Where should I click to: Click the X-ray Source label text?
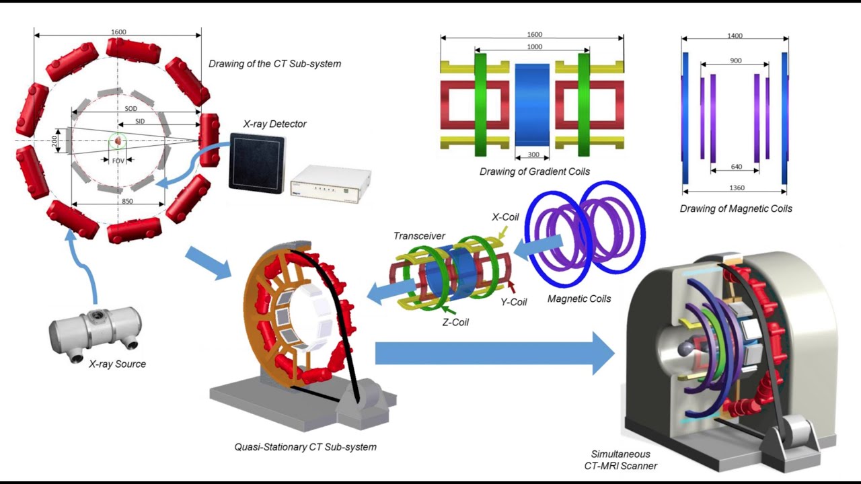[117, 364]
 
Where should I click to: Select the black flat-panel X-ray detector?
[256, 161]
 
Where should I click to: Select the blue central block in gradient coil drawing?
[532, 104]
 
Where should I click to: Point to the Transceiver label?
[419, 236]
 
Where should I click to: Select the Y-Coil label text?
[513, 302]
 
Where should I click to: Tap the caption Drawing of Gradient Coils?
[535, 171]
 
